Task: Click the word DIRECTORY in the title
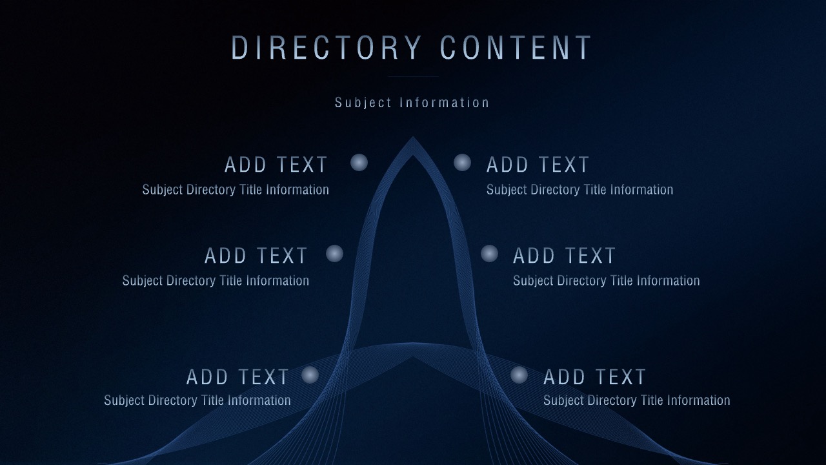[327, 48]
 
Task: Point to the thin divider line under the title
[413, 76]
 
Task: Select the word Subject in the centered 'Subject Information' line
[363, 103]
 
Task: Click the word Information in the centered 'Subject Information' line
[445, 103]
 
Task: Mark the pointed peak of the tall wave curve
[413, 137]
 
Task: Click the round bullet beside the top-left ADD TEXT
[359, 162]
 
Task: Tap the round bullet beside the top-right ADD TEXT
[463, 162]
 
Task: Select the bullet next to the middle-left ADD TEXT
[334, 254]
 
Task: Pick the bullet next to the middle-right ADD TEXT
[489, 254]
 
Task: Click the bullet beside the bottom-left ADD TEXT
[310, 375]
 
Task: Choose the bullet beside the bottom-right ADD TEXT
[519, 375]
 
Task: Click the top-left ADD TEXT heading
[276, 165]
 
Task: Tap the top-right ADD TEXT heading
[538, 165]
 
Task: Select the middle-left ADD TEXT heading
[256, 255]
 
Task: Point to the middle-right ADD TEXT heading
[564, 255]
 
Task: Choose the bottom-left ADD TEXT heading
[237, 377]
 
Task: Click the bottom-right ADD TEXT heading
[594, 377]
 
